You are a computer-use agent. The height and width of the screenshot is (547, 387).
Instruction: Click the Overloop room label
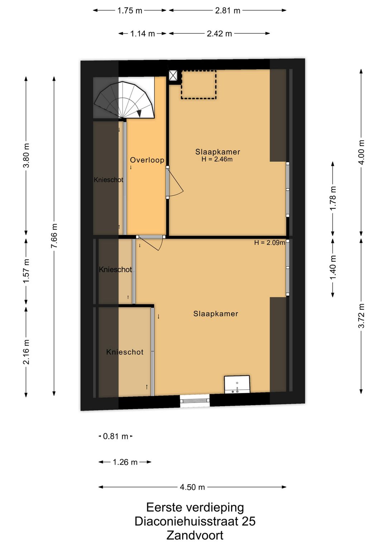[x=147, y=160]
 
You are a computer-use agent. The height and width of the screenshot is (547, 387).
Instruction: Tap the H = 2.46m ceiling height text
[x=217, y=160]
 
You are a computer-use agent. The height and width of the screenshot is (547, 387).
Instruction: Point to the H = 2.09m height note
[x=269, y=243]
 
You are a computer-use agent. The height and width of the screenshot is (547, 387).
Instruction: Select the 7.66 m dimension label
[x=54, y=236]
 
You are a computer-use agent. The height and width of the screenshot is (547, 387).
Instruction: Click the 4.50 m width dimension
[x=192, y=487]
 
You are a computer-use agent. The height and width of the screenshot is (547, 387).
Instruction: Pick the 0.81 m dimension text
[x=115, y=436]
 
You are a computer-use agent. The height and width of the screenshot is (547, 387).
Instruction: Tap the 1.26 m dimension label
[x=125, y=462]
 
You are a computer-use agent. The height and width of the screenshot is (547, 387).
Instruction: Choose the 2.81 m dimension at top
[x=228, y=11]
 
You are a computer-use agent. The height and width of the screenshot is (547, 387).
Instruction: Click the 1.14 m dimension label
[x=143, y=34]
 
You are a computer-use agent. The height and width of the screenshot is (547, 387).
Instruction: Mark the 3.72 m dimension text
[x=361, y=316]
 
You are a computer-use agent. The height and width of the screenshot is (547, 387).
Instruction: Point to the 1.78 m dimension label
[x=333, y=198]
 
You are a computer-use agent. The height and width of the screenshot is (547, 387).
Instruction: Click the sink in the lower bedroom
[x=237, y=384]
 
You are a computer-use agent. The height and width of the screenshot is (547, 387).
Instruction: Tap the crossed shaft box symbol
[x=173, y=75]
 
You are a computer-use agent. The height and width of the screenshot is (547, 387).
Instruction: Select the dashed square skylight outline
[x=199, y=85]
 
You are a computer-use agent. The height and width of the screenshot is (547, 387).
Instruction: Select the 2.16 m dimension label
[x=26, y=352]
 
